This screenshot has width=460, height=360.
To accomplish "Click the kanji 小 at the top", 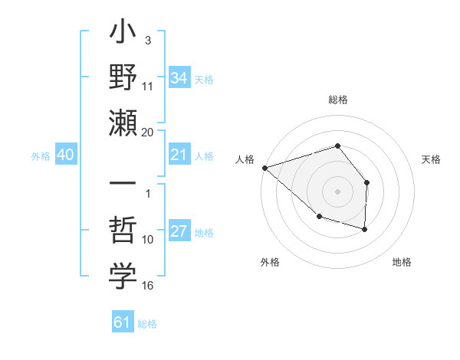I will coord(123,35).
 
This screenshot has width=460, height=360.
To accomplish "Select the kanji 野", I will coord(123,77).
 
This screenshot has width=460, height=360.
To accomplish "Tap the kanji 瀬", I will coord(123,123).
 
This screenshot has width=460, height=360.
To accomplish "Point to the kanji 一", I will coord(123,185).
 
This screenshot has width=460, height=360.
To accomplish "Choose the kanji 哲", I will coord(123,231).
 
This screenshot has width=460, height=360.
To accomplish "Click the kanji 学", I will coord(123,277).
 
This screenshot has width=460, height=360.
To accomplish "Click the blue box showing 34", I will coord(179,77).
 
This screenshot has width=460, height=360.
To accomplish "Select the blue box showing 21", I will coord(179,155).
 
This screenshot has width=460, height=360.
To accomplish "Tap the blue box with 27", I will coord(179,232).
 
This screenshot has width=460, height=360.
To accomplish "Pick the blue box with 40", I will coord(65,155).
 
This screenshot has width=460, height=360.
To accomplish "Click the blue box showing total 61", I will coord(123,322).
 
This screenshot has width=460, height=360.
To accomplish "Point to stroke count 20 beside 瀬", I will coord(148,133).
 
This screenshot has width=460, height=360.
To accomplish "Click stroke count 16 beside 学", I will coord(148,286).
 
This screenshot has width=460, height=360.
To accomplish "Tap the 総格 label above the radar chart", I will coord(337,100).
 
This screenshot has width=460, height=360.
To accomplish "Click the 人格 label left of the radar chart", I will coord(245,159).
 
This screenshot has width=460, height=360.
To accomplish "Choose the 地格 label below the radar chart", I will coord(402,262).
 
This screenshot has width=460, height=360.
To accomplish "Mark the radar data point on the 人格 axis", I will coord(264,167).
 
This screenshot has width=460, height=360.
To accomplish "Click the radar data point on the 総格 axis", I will coord(337,146).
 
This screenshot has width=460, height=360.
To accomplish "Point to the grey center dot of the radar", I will coord(337,191).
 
